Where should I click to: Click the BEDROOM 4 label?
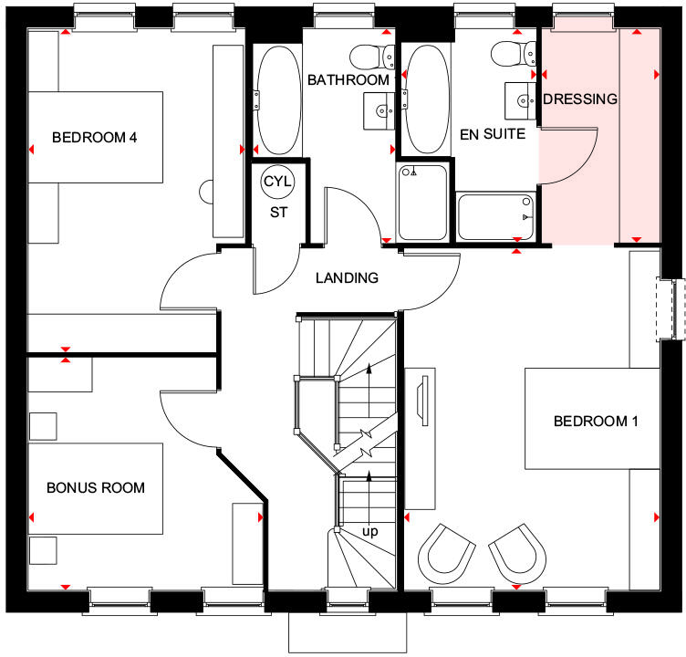[94, 138]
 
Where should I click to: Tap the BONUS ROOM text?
[96, 487]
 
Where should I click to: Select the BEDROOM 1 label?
[596, 421]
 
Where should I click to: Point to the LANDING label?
[347, 277]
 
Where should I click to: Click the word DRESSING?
[580, 99]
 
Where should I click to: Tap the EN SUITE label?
[493, 134]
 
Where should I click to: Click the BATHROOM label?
[348, 79]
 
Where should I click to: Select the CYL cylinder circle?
[277, 182]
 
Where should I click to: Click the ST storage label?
[278, 213]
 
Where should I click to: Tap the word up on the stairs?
[369, 531]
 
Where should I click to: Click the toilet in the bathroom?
[372, 57]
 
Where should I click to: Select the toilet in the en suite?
[514, 54]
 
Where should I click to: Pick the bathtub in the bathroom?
[277, 99]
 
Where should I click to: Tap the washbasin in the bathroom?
[379, 110]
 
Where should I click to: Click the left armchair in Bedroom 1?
[446, 554]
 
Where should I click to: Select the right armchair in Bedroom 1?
[517, 554]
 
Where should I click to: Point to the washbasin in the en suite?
[521, 101]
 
